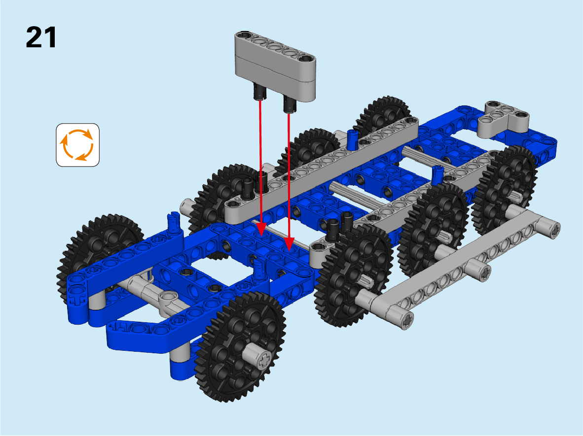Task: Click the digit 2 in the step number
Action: pos(34,37)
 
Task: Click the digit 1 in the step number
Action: pos(49,37)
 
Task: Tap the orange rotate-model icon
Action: pos(78,145)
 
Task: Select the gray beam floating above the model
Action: pos(275,65)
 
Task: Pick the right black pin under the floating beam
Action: pos(290,103)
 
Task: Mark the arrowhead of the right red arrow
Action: pos(289,243)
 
